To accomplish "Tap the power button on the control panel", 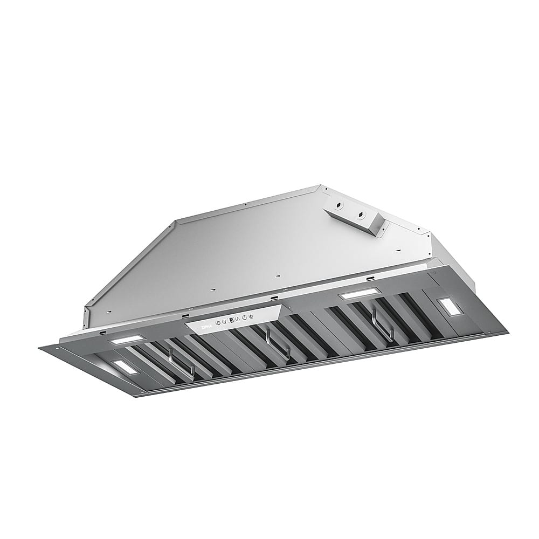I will coord(218,322).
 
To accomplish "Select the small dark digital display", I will coord(231,320).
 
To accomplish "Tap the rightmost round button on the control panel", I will coord(251,316).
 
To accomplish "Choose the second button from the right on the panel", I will coord(244,317).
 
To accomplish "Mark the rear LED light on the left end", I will coord(127,341).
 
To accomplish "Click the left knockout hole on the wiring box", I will coord(338,205).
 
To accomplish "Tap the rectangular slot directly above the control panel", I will coord(275,298).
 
